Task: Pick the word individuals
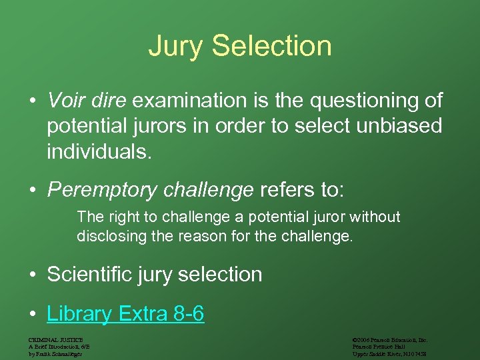[99, 151]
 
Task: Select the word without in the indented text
[377, 217]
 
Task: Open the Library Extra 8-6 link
[125, 313]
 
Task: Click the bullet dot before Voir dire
[32, 101]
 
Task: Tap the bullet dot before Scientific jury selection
[32, 275]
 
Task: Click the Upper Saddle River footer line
[389, 353]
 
